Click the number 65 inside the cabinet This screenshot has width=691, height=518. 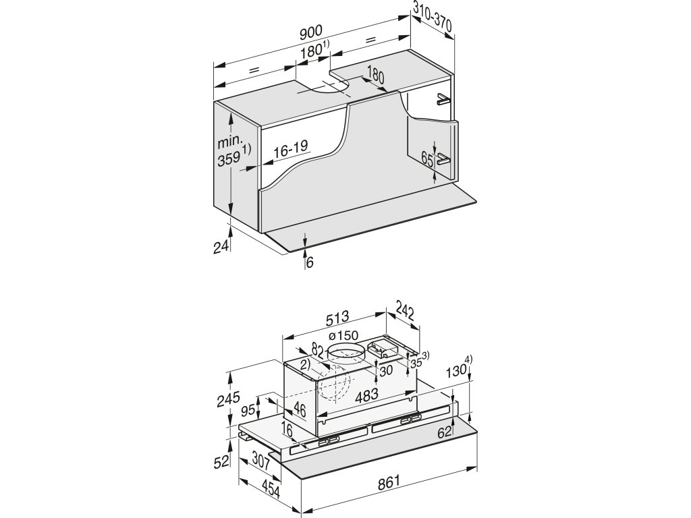click(426, 159)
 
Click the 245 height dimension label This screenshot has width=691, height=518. click(229, 399)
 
